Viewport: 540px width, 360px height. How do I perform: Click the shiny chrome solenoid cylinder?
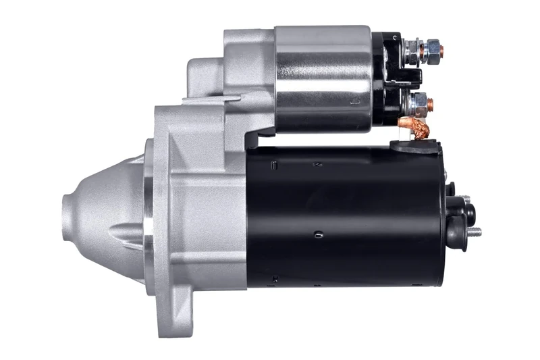pos(323,78)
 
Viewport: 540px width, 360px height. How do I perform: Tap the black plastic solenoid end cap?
pos(387,80)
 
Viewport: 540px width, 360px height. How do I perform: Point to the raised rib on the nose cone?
pos(125,234)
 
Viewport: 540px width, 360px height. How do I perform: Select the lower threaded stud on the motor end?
pos(475,232)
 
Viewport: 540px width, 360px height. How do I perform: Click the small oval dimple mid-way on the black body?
pos(318,234)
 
